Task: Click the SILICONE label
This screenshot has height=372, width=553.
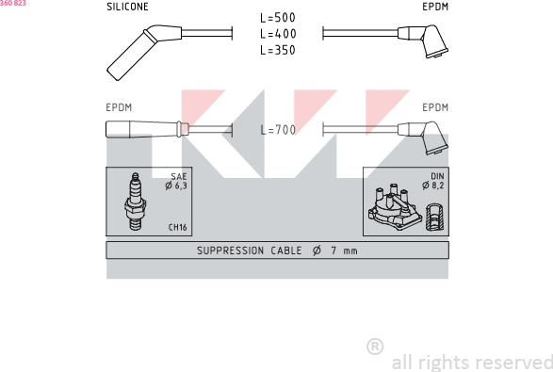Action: point(127,7)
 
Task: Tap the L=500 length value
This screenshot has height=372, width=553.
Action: point(278,18)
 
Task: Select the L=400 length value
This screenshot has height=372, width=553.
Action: point(278,34)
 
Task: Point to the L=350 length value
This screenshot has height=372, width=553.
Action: point(278,50)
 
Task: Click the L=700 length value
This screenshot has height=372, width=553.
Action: point(278,130)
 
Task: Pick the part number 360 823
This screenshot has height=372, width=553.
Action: point(13,3)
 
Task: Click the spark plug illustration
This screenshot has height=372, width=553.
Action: point(135,202)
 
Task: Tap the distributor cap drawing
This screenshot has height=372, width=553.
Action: point(395,207)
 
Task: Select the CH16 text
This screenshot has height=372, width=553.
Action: point(177,227)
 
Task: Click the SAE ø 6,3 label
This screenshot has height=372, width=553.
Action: point(176,181)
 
